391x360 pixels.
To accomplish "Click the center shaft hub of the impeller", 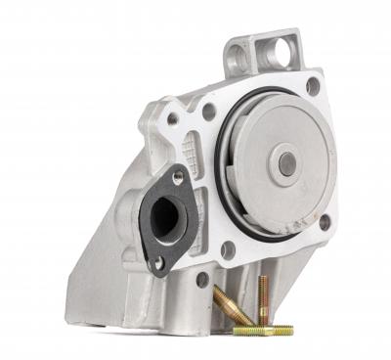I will tap(286, 164).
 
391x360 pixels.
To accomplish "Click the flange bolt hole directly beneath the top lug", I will tap(313, 86).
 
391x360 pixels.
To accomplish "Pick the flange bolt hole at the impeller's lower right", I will tap(325, 223).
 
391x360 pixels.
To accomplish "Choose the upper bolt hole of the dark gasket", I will tap(178, 177).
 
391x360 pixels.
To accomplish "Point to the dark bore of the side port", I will tap(165, 217).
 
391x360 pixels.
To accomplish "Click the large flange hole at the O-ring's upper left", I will tap(209, 112).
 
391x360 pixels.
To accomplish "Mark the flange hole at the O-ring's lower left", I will tap(228, 250).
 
